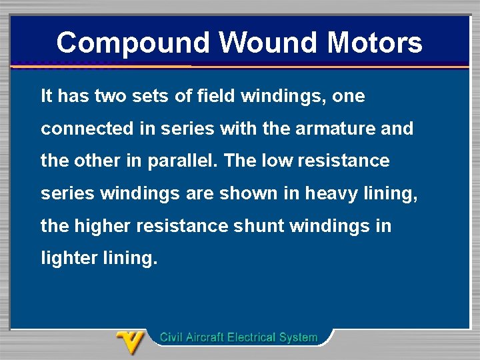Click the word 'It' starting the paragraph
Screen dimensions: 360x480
47,96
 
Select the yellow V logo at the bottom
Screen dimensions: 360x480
130,343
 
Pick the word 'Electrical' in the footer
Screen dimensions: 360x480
253,337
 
